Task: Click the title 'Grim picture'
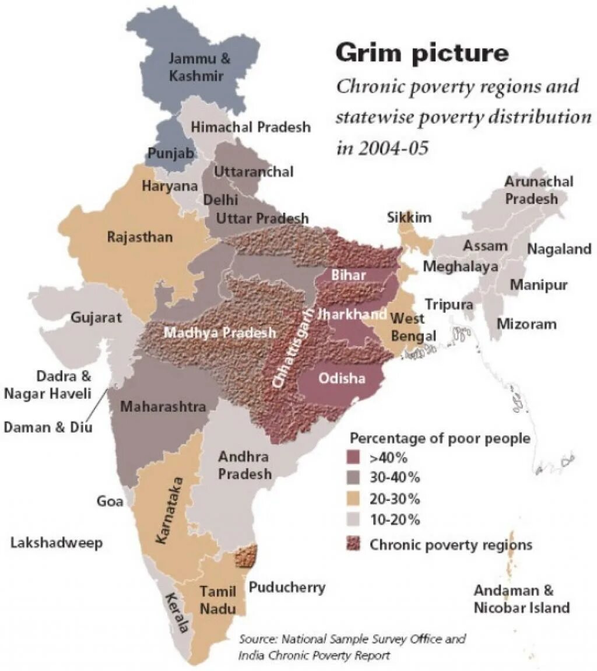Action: click(x=422, y=54)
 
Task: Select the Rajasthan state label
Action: click(x=140, y=237)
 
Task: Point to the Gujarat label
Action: click(x=96, y=318)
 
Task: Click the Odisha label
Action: click(x=342, y=378)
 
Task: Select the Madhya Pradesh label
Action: click(x=220, y=333)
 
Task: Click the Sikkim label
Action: click(x=409, y=218)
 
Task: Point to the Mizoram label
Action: click(x=526, y=324)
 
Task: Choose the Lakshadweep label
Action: click(x=57, y=543)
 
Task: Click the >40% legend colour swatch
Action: click(x=354, y=456)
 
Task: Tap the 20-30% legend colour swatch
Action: click(x=354, y=499)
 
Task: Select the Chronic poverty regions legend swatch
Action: click(x=354, y=544)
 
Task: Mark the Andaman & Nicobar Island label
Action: click(x=521, y=599)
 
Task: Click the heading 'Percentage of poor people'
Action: click(x=440, y=438)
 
